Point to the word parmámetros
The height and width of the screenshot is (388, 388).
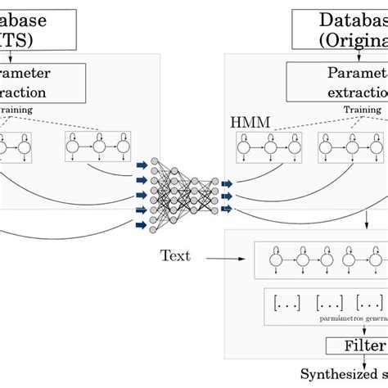(x=336, y=322)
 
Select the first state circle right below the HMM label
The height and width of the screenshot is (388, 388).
(x=244, y=147)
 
